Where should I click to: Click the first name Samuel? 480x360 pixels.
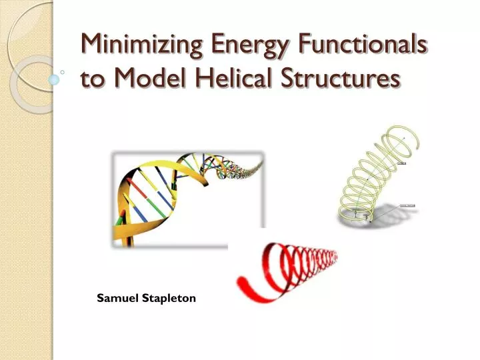(116, 298)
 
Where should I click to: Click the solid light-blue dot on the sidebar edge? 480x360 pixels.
(55, 79)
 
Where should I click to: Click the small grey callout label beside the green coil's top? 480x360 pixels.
(401, 162)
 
